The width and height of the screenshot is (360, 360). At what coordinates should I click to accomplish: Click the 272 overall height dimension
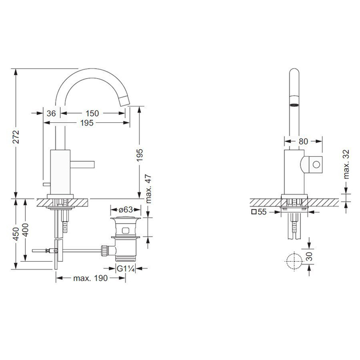tap(16, 137)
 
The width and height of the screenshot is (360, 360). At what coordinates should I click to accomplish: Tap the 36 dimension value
tap(51, 113)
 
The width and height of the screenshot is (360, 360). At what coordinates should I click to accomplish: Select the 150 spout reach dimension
tap(92, 113)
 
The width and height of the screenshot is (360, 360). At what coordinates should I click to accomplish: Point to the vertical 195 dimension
tap(139, 155)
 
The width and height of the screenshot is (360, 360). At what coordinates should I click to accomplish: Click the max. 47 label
tap(149, 189)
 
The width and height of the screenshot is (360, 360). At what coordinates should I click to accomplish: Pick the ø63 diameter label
tap(126, 210)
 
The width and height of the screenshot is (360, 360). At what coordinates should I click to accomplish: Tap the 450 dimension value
tap(16, 234)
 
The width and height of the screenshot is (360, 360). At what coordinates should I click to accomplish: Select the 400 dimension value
tap(25, 230)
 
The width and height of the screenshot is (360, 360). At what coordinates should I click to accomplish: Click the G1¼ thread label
tap(125, 268)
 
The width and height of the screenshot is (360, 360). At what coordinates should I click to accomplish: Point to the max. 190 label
tap(91, 278)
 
